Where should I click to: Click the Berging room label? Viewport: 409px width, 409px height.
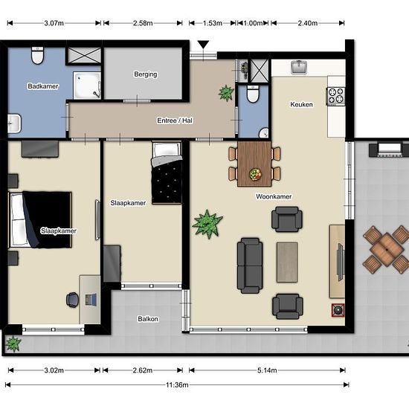pos(146,74)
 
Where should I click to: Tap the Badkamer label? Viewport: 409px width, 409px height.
pos(43,86)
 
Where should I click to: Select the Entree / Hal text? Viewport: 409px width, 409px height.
pos(175,120)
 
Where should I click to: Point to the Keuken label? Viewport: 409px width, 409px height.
pos(301,105)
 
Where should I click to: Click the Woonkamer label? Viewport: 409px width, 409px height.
pos(274,196)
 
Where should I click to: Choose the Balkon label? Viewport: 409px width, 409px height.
pos(148,319)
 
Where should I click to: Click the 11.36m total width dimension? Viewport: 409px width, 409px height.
pos(177,384)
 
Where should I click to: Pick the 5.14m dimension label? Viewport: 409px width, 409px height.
pos(267,370)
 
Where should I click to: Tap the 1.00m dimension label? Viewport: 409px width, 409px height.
pos(253,23)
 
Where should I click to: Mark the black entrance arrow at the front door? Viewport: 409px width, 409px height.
pos(203,45)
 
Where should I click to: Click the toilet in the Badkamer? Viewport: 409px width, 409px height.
pos(37,55)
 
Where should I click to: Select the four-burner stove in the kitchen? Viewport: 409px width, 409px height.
pos(336,97)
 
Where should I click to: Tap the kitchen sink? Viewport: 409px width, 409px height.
pos(299,67)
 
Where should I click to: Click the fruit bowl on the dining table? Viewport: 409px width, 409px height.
pos(255,174)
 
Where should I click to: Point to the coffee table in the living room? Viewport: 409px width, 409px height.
pos(287,263)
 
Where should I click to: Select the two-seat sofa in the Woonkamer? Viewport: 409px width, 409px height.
pos(250,265)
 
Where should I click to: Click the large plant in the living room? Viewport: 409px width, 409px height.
pos(207,224)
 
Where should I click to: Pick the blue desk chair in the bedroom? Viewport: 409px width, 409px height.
pos(73,300)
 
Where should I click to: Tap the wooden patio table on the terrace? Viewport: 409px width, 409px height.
pos(387,250)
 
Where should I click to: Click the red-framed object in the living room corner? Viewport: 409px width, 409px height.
pos(338,310)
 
